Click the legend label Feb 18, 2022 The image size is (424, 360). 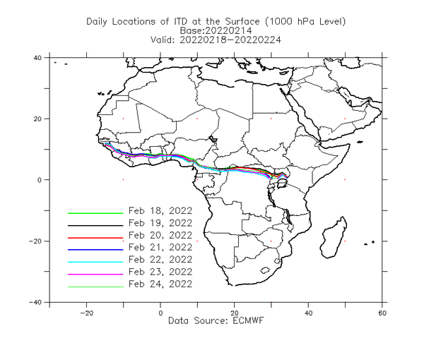click(x=160, y=211)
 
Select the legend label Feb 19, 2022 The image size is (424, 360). click(x=160, y=223)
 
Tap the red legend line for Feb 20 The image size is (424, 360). click(x=95, y=238)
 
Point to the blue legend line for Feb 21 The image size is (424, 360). click(x=95, y=250)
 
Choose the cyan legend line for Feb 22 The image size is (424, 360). click(x=95, y=262)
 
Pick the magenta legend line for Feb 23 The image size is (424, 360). click(x=95, y=275)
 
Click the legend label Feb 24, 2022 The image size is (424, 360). click(x=160, y=284)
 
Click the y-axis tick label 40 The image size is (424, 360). click(x=37, y=58)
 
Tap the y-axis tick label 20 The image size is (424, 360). click(x=37, y=119)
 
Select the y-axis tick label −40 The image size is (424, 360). click(x=36, y=302)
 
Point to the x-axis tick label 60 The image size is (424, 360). click(x=382, y=313)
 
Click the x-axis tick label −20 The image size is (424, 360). click(x=86, y=313)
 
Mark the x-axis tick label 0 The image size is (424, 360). click(x=160, y=313)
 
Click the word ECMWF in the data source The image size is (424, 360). click(x=248, y=320)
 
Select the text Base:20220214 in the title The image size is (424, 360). click(x=216, y=30)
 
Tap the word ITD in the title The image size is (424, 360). click(x=179, y=22)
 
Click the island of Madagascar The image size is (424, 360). click(x=333, y=237)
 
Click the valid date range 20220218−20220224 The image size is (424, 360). click(x=230, y=40)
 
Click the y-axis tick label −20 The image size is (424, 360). click(x=36, y=241)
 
